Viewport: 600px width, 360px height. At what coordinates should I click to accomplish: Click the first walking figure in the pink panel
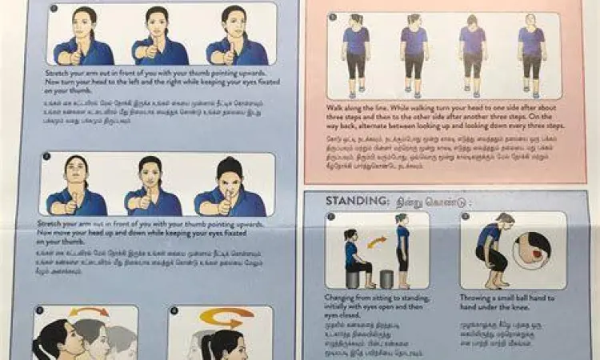(356, 53)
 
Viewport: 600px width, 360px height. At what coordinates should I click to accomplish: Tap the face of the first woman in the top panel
(85, 20)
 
